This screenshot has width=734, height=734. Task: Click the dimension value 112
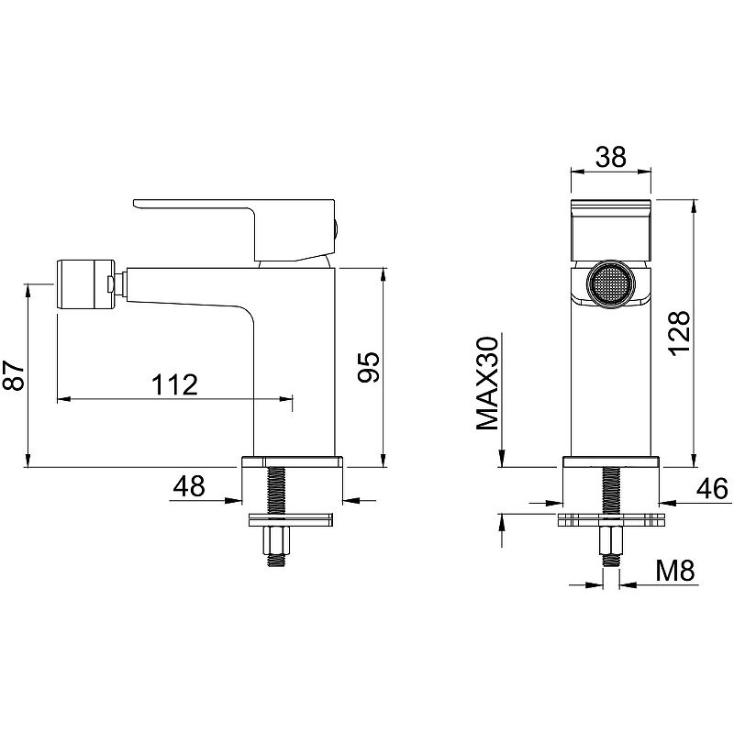[x=175, y=384]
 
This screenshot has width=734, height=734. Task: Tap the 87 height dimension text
[x=14, y=375]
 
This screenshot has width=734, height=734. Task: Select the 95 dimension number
[x=369, y=367]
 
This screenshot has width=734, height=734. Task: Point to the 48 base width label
[x=189, y=486]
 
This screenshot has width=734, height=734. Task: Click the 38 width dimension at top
[x=610, y=157]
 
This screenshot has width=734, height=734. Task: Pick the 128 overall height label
[x=679, y=333]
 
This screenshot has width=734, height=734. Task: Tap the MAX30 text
[x=487, y=383]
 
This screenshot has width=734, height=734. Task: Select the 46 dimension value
[x=712, y=489]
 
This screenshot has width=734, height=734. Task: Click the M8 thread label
[x=675, y=570]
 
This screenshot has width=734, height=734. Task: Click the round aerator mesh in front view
[x=610, y=285]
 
